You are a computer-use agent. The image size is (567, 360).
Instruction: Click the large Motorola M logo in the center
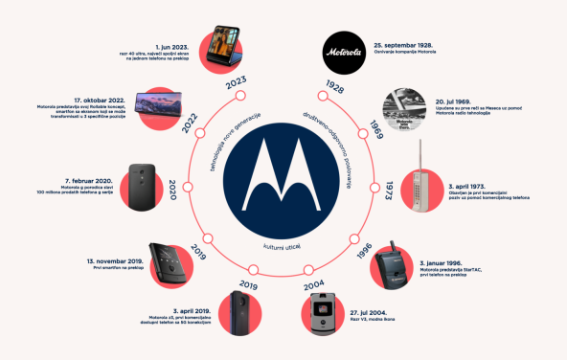[283, 181]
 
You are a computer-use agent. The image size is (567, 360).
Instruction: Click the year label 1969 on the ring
[377, 129]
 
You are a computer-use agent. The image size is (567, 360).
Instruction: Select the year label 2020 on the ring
[174, 186]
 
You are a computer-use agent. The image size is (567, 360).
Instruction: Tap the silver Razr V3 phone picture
[325, 312]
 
